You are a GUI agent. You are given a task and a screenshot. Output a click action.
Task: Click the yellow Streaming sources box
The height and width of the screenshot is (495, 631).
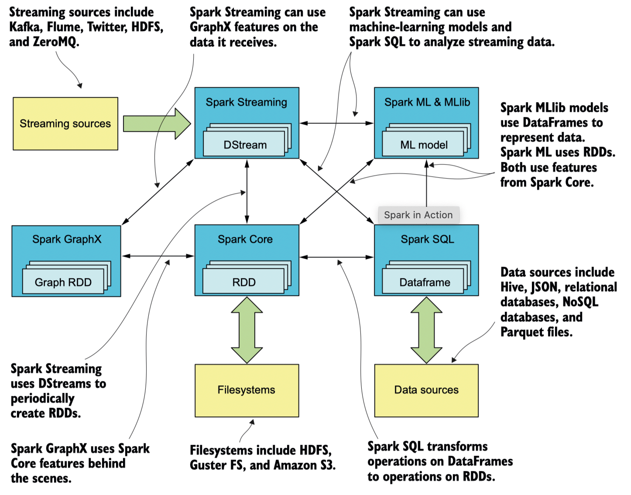click(65, 124)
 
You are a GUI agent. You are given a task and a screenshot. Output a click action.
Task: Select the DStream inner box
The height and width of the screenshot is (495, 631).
click(244, 145)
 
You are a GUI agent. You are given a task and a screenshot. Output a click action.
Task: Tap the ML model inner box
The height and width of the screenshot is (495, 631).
click(423, 145)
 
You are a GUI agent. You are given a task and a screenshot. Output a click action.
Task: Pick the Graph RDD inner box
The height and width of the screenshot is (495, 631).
click(63, 282)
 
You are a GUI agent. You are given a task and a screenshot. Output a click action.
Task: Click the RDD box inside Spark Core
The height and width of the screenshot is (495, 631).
click(243, 282)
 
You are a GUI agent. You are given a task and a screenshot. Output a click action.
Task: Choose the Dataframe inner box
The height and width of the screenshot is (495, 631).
click(424, 282)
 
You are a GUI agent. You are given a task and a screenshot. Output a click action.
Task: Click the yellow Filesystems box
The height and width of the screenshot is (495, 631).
click(247, 390)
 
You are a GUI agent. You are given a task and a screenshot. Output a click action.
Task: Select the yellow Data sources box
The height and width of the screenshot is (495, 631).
click(426, 390)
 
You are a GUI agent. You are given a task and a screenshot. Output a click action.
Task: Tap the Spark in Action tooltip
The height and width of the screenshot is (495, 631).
click(418, 215)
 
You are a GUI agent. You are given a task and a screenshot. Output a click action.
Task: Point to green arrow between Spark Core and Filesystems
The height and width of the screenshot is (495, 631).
click(247, 330)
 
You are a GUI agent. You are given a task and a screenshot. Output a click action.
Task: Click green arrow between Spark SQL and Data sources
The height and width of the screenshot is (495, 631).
click(426, 330)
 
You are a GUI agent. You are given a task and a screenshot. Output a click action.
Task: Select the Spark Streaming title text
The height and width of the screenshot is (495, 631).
click(246, 102)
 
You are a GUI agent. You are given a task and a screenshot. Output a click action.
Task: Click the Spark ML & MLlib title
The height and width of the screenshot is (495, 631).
click(427, 102)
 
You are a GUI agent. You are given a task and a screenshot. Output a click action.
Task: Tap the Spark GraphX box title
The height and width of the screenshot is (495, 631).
click(67, 239)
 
